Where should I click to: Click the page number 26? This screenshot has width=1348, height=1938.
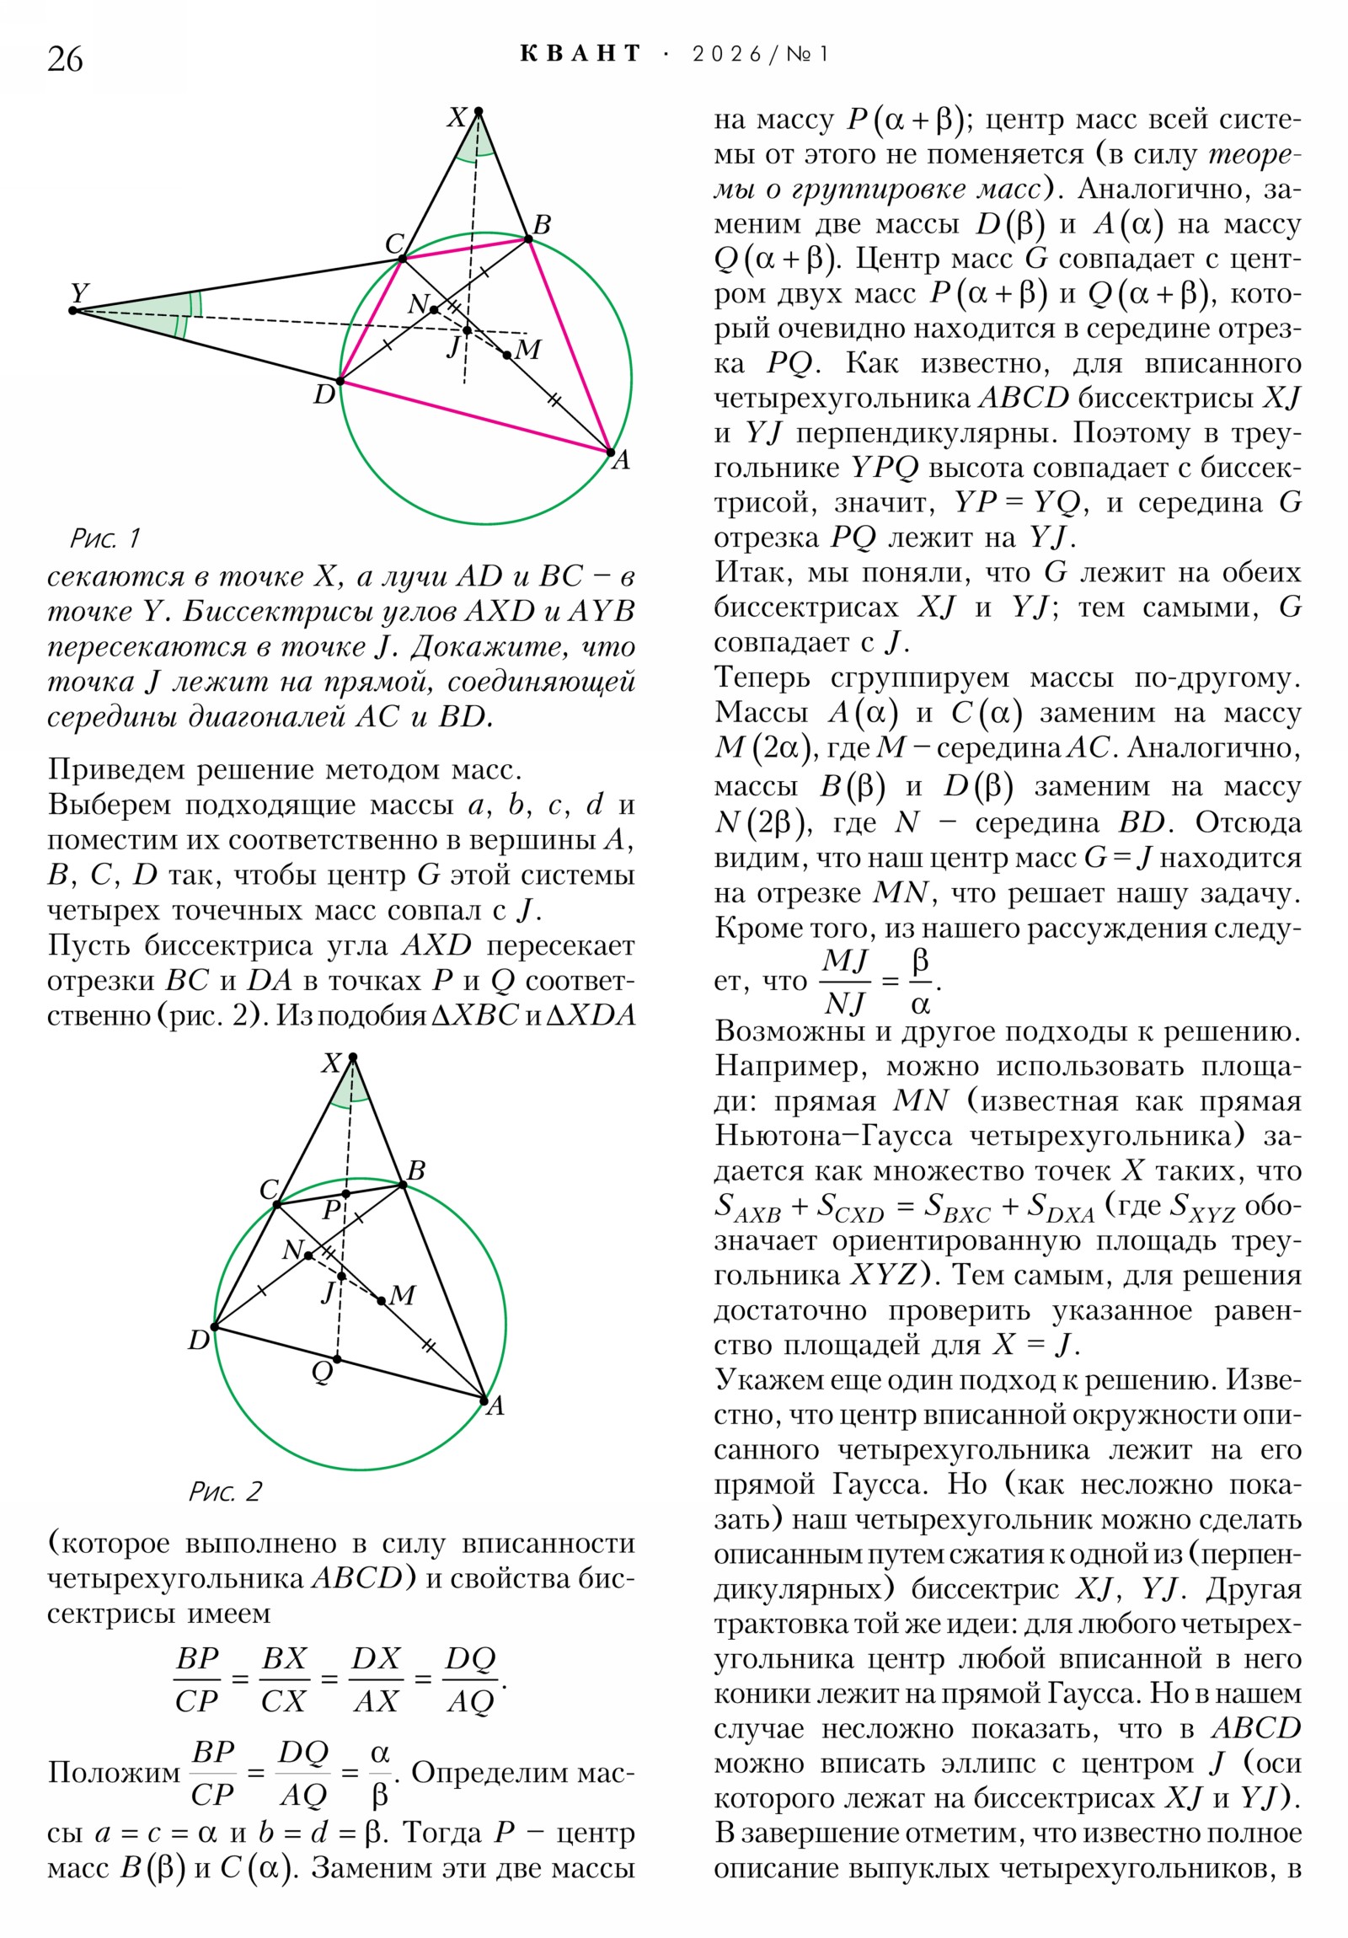click(65, 59)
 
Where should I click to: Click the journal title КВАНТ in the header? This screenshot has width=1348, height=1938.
click(580, 54)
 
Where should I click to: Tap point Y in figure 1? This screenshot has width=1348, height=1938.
click(72, 310)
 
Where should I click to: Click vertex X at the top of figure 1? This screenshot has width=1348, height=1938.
click(478, 111)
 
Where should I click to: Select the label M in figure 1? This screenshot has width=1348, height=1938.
click(527, 349)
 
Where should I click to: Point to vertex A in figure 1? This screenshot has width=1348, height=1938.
click(611, 452)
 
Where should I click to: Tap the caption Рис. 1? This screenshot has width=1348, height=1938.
click(104, 538)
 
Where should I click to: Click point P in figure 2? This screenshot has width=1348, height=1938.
click(346, 1193)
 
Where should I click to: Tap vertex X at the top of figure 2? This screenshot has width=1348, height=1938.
click(353, 1057)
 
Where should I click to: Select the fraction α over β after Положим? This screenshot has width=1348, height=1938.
click(380, 1775)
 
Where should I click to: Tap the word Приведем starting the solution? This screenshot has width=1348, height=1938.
click(115, 769)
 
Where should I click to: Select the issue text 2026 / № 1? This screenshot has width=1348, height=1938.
click(760, 55)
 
